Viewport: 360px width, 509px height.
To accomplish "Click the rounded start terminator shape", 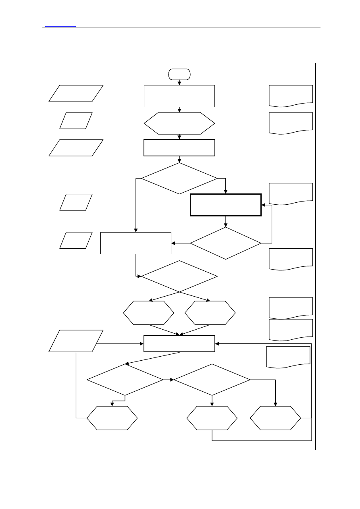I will (x=179, y=74).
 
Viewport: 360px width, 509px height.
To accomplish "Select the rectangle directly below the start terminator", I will (x=179, y=96).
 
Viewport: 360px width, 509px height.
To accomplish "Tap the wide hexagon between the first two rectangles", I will (x=179, y=123).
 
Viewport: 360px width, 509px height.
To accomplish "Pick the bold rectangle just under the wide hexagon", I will (x=179, y=148).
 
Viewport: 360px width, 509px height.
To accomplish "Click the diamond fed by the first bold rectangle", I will (x=179, y=178).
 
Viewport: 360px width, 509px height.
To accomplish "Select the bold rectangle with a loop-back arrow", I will (x=225, y=205).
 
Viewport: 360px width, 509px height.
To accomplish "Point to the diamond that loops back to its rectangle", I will (x=225, y=243).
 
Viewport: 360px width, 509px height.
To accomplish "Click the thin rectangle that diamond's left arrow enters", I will (x=136, y=243).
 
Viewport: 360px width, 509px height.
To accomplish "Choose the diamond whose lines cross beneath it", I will (x=179, y=276).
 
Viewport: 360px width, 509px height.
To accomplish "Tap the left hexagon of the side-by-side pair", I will (x=149, y=313).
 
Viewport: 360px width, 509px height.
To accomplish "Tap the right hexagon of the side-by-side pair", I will (x=210, y=313).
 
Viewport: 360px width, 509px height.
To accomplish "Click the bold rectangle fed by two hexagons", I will (x=179, y=344).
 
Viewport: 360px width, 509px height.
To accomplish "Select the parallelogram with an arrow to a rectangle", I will (x=76, y=341).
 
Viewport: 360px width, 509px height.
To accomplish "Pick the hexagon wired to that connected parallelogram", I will (x=112, y=418).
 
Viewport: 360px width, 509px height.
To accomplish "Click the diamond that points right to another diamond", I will (x=125, y=380).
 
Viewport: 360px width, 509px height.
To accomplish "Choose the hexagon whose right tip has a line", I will (x=275, y=418).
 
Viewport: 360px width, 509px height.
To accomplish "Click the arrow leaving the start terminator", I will (x=179, y=82).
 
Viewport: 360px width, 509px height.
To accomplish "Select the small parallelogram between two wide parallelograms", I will (x=76, y=120).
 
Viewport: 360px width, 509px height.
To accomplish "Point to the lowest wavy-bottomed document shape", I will (x=288, y=357).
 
